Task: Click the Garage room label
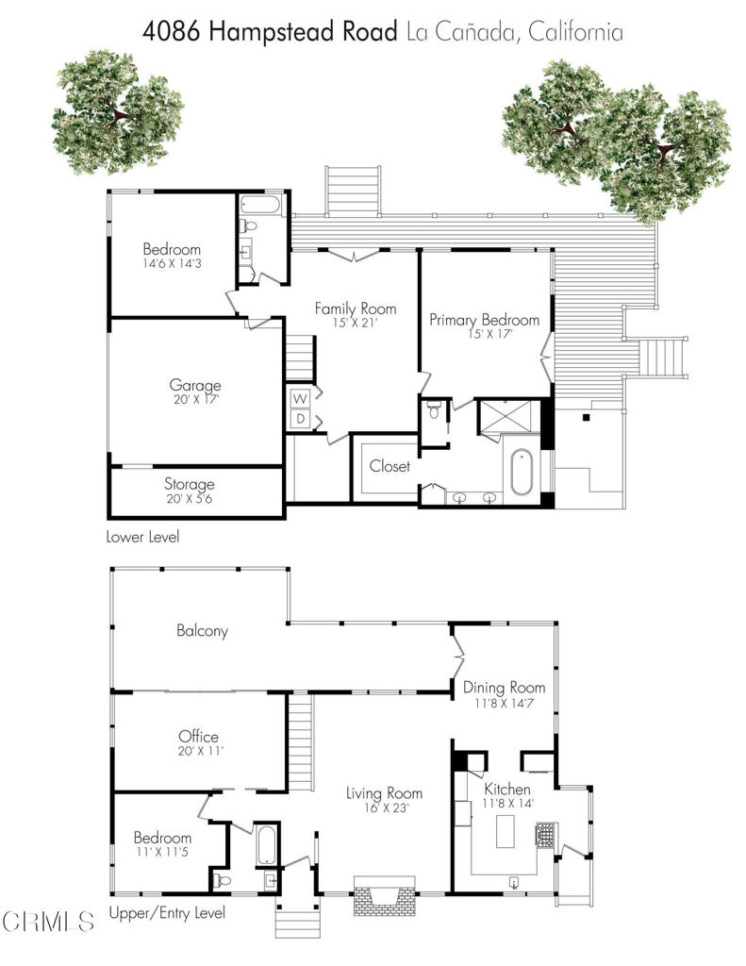[x=194, y=386]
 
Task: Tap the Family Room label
[x=356, y=308]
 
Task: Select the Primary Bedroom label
[x=484, y=320]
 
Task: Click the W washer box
[x=300, y=399]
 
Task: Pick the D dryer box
[x=300, y=419]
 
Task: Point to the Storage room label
[x=190, y=484]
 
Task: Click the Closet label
[x=390, y=466]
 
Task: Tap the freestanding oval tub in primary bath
[x=521, y=473]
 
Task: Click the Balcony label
[x=202, y=631]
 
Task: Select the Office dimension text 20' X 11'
[x=200, y=751]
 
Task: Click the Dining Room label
[x=504, y=688]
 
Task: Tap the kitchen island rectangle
[x=506, y=832]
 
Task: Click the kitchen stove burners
[x=546, y=836]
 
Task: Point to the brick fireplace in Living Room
[x=383, y=895]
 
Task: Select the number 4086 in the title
[x=172, y=32]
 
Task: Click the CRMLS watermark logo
[x=47, y=922]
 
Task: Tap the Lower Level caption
[x=143, y=537]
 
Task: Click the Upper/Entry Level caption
[x=167, y=913]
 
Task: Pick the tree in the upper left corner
[x=117, y=113]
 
